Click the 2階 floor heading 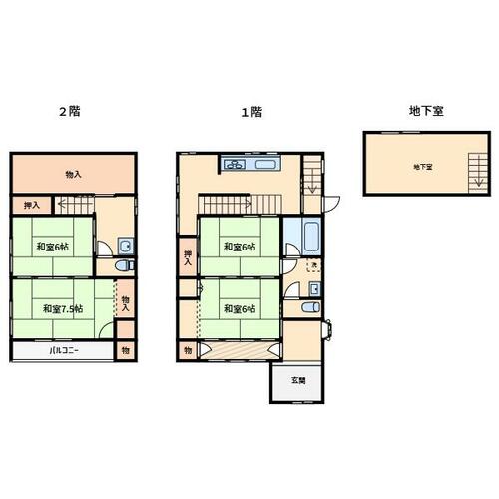[70, 111]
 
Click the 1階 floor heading [251, 112]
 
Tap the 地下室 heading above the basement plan [426, 111]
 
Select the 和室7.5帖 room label [63, 309]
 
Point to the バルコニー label [64, 350]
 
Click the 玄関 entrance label [298, 380]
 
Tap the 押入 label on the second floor [32, 205]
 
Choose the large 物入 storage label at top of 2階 [73, 174]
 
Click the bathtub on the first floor [312, 237]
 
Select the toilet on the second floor [124, 265]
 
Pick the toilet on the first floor [311, 307]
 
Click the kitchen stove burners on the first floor [235, 164]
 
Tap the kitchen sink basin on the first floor [265, 165]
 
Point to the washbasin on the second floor [126, 247]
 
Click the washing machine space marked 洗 [313, 266]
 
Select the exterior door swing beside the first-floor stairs [331, 205]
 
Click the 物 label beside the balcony [126, 350]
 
